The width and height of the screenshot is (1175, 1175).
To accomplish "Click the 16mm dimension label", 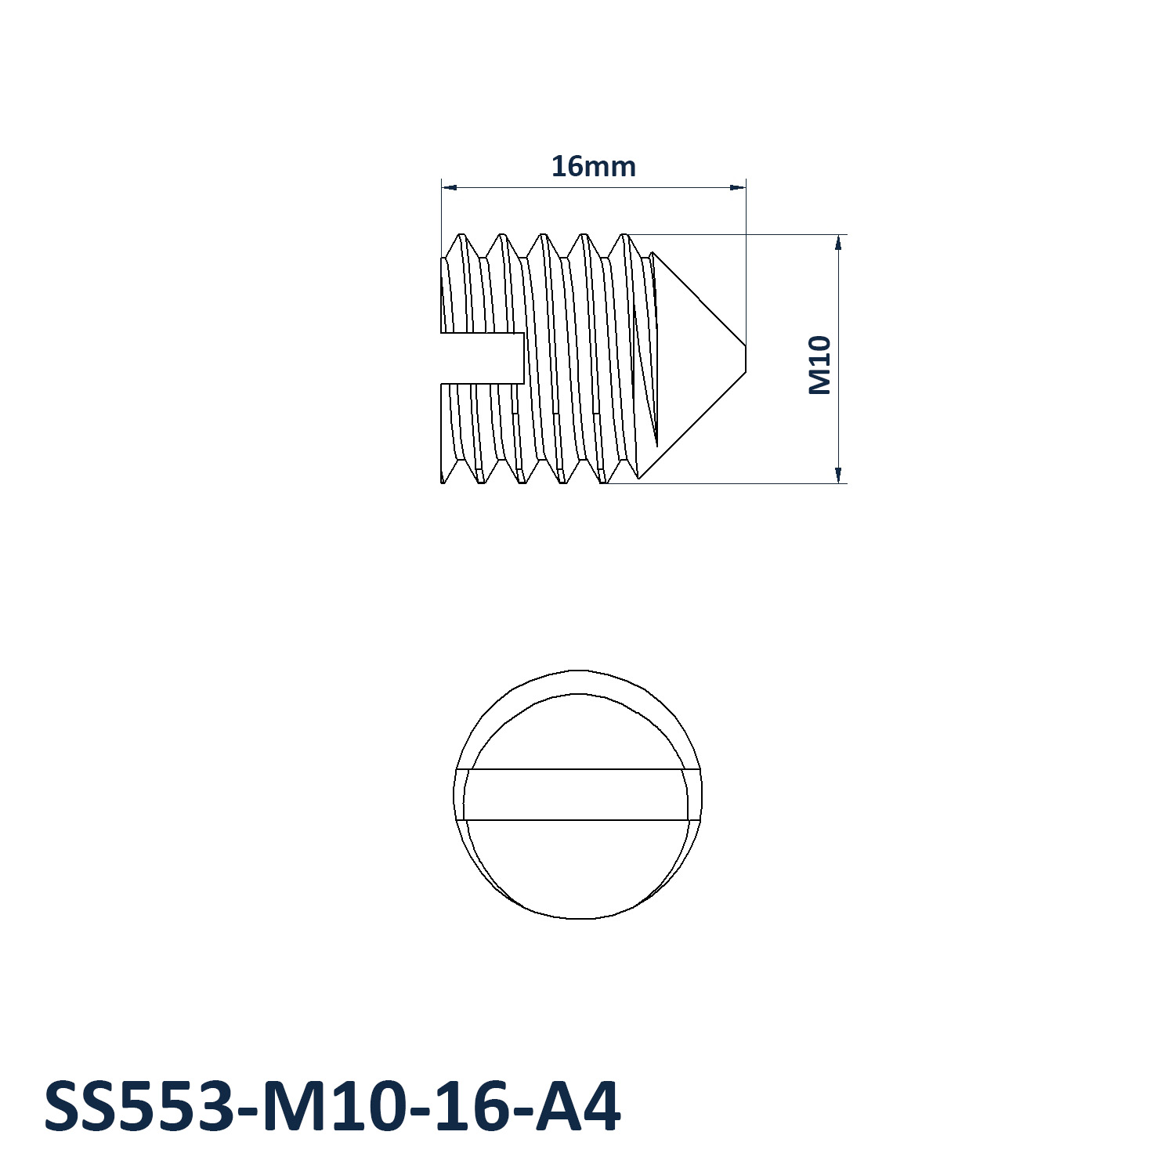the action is point(593,166).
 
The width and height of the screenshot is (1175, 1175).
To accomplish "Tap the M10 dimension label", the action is point(819,365).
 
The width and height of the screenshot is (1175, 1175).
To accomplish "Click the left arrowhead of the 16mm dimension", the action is point(450,187).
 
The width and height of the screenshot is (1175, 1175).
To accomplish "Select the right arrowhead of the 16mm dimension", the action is point(737,187).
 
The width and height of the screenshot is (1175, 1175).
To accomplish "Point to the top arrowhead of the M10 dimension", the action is point(838,243).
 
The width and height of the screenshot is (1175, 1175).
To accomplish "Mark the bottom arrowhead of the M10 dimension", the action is point(838,475).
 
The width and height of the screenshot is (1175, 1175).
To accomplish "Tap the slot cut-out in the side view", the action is point(482,358).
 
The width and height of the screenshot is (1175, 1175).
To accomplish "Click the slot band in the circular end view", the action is point(578,794).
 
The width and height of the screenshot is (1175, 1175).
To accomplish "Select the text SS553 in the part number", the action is point(136,1107).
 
